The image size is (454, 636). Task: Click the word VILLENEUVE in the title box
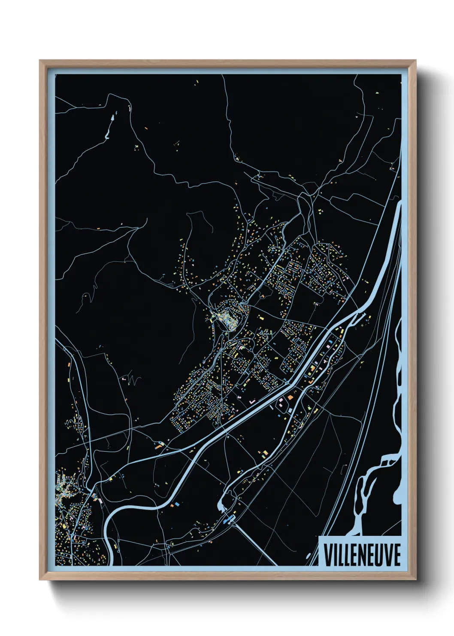(x=362, y=555)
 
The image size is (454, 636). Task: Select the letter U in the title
(x=378, y=555)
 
